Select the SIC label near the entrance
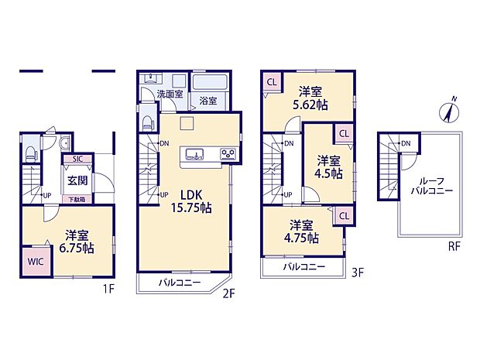point(78,160)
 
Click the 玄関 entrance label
point(77,181)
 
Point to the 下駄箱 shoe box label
point(77,200)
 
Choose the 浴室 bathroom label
point(207,100)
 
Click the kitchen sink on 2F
point(194,153)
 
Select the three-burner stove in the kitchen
point(228,153)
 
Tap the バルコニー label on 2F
point(180,283)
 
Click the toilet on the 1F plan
point(29,152)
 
